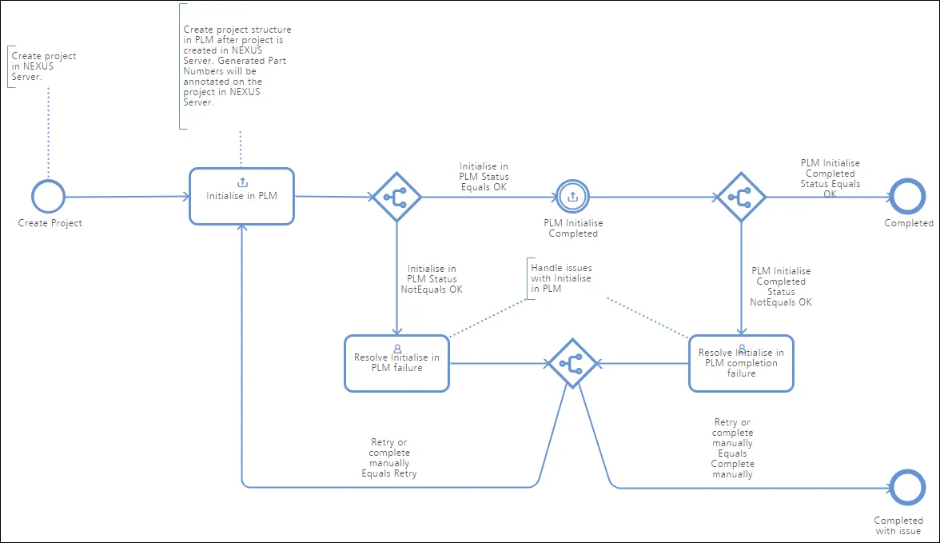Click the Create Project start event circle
48,180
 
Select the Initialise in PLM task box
241,169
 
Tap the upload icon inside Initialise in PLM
242,182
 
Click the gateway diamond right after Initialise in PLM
396,174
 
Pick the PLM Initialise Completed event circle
572,181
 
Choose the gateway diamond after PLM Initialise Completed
741,174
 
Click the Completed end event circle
907,179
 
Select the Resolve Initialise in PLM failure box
396,336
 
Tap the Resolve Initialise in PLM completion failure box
741,336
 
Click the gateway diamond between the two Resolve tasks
572,340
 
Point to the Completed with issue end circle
907,471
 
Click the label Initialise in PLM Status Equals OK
484,177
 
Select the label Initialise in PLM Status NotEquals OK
432,279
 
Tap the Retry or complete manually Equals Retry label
389,457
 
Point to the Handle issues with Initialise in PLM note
561,278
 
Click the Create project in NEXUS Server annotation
44,66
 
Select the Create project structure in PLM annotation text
237,66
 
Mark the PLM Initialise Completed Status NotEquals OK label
781,287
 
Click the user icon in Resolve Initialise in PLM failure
396,349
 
